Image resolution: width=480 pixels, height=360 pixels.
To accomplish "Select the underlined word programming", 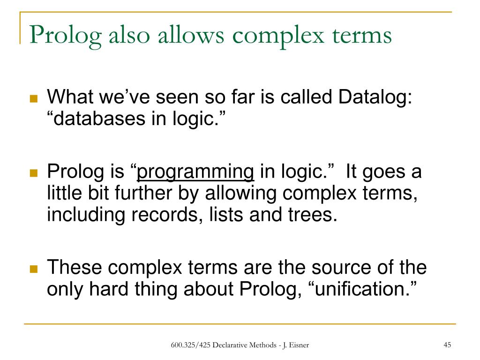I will tap(195, 172).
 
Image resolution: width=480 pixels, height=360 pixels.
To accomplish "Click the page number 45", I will tap(447, 345).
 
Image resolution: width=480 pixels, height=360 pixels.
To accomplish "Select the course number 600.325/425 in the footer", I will tap(190, 346).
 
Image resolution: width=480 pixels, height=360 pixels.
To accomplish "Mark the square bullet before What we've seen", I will tap(33, 99).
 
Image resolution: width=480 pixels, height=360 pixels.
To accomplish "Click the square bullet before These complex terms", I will tap(33, 270).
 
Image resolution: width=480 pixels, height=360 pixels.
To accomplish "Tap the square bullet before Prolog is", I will tap(33, 173).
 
